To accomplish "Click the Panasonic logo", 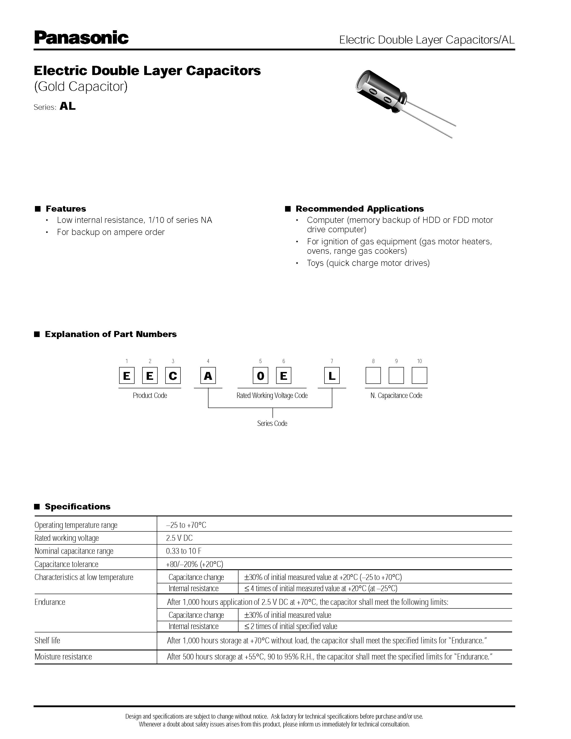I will (x=81, y=38).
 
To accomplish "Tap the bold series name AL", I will (x=67, y=106).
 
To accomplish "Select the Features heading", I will (x=66, y=208).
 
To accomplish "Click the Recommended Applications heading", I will (x=359, y=208).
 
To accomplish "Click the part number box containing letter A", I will (x=208, y=376).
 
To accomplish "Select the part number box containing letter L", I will (x=332, y=376).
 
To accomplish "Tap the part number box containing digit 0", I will (x=260, y=376).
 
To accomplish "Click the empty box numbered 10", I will (x=419, y=376).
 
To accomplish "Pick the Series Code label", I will (x=272, y=423).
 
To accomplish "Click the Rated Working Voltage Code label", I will (x=272, y=395).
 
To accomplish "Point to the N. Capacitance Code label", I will (x=396, y=395).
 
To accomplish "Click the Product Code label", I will (x=150, y=395).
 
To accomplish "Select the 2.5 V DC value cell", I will (x=179, y=538).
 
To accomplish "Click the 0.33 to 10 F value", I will (x=184, y=551).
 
